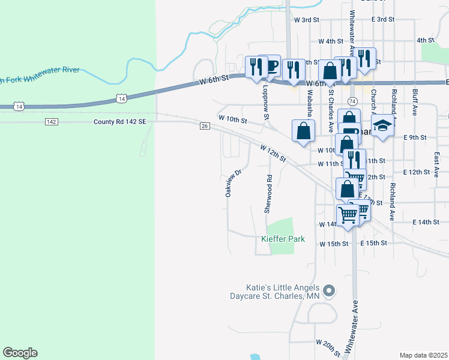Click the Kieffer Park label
coord(283,239)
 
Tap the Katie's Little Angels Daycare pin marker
coord(328,292)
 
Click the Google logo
coord(20,353)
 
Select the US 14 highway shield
coord(121,98)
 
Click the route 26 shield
coord(204,125)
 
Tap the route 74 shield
coord(352,101)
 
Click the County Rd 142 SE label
coord(119,121)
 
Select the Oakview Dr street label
coord(233,183)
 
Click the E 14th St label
coord(426,222)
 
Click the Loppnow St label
coord(266,102)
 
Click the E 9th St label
coord(414,137)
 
